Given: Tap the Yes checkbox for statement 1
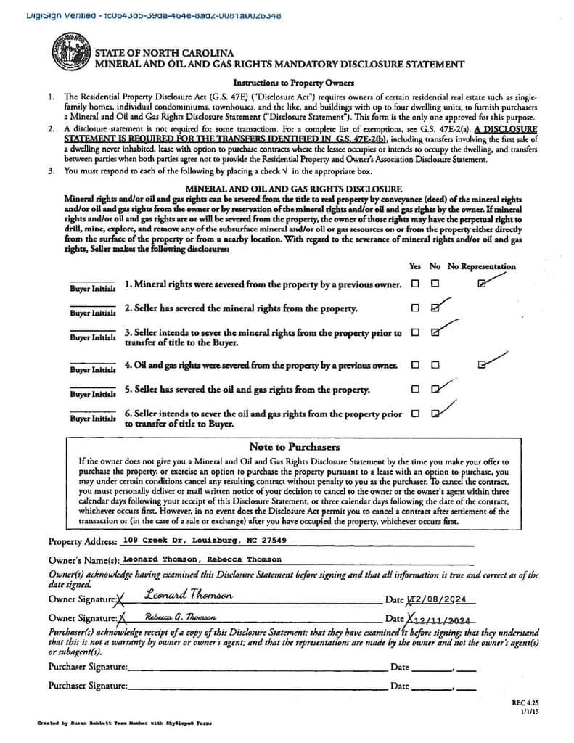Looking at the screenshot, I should pos(415,284).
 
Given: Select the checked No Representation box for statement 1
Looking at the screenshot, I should pos(483,284).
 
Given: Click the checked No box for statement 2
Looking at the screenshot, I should pos(435,308).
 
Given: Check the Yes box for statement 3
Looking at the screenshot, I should pos(415,332).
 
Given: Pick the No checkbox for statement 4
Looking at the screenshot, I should pos(435,365).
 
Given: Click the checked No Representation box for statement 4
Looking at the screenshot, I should pos(483,365).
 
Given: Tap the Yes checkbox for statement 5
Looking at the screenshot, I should pos(415,389).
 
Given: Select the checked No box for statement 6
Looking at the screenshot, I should pos(435,414).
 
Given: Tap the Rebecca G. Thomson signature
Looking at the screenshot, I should pos(180,617).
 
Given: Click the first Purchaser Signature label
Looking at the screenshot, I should pos(88,667).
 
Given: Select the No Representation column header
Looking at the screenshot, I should pos(482,266).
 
